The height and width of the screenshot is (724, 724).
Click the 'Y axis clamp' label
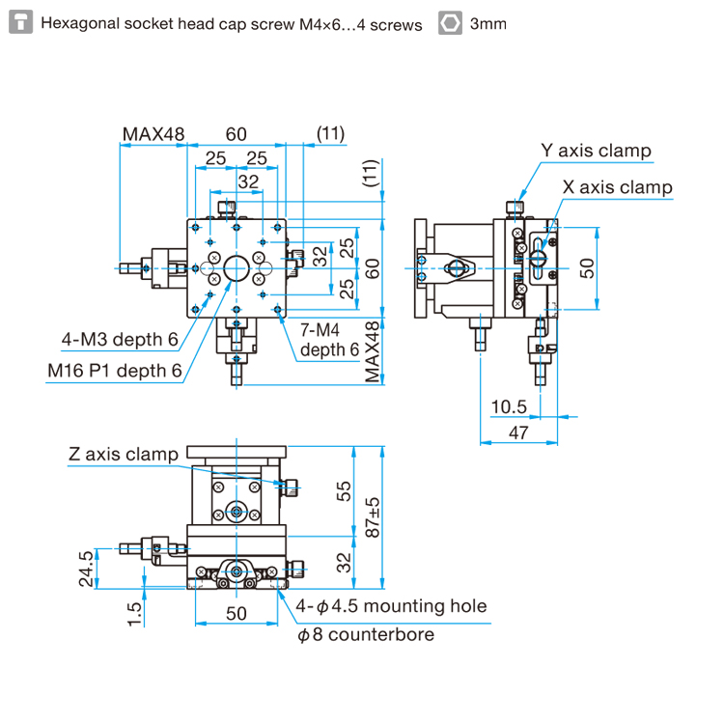[x=595, y=151]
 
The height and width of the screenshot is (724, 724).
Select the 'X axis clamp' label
[x=618, y=187]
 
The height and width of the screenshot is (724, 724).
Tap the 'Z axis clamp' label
[x=124, y=454]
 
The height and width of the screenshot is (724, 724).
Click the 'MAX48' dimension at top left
[x=153, y=133]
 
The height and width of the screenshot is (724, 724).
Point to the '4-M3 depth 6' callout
[x=120, y=339]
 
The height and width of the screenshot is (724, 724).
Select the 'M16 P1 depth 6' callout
[x=115, y=370]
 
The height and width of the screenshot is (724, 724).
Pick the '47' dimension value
[x=517, y=433]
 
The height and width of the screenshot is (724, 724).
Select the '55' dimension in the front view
[x=345, y=491]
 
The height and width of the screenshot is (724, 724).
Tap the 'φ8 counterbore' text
[x=366, y=634]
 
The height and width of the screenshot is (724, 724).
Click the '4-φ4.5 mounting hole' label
[x=392, y=606]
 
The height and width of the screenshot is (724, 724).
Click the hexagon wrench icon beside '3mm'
[x=449, y=23]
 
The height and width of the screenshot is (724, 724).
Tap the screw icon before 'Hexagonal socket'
[x=21, y=23]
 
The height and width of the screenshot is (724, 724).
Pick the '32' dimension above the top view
[x=248, y=181]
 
